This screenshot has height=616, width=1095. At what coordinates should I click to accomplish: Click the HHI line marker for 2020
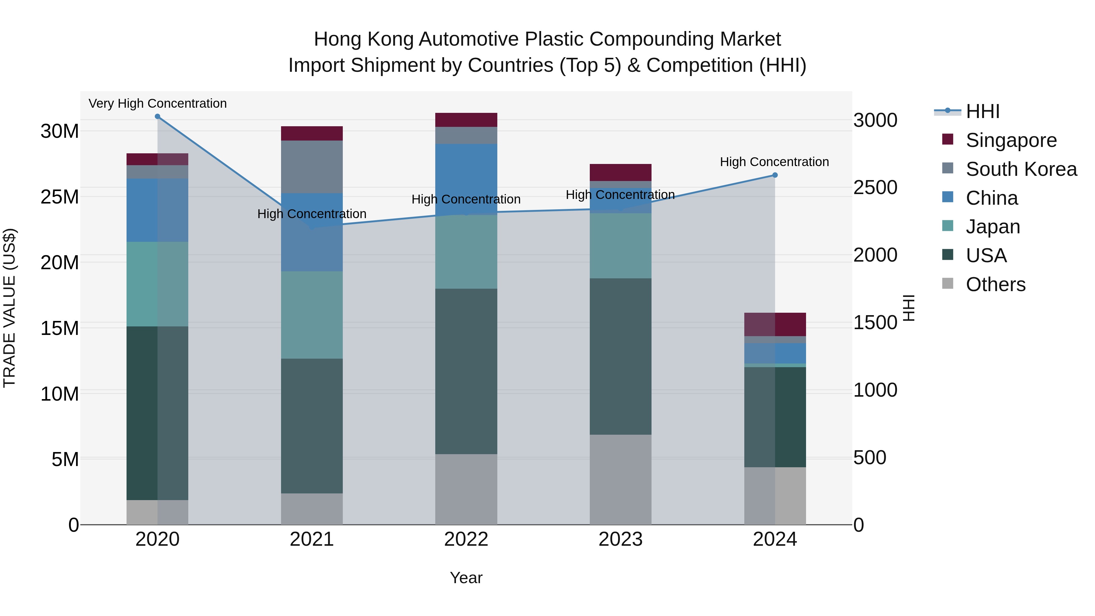pos(157,117)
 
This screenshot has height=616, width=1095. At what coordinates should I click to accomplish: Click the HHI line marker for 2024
pos(774,175)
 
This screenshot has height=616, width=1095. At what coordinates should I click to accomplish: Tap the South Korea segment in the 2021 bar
pos(311,167)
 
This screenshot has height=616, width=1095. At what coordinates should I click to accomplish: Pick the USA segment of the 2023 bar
pos(620,356)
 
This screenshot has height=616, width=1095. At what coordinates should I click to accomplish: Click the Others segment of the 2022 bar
pos(466,489)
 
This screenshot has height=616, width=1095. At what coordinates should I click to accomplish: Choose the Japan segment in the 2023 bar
pos(620,246)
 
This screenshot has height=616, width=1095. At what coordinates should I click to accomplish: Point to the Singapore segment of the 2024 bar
pos(774,324)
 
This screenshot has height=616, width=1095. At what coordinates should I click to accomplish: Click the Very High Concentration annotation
pos(157,104)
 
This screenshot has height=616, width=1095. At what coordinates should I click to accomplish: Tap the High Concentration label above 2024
pos(774,162)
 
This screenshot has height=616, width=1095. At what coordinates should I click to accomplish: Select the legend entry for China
pos(991,198)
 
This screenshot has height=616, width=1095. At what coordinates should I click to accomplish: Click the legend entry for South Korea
pos(1021,169)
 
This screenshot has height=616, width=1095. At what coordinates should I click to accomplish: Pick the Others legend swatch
pos(947,284)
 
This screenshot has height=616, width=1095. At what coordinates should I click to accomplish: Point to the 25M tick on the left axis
pos(60,197)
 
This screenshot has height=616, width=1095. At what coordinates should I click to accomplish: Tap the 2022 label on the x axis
pos(466,539)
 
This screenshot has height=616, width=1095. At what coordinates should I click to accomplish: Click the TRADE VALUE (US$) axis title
pos(9,308)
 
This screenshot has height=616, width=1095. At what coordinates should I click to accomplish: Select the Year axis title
pos(466,578)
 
